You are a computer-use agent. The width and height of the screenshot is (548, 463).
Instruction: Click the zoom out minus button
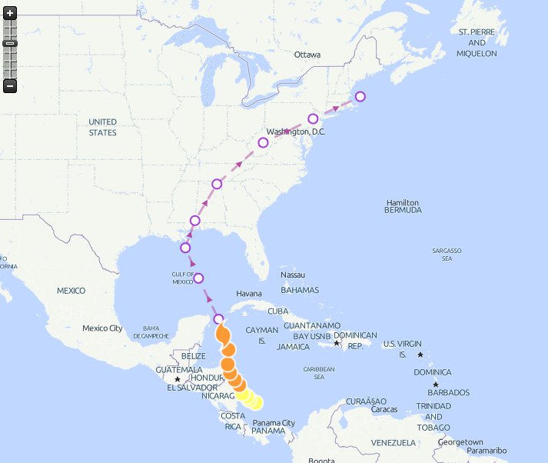click(10, 86)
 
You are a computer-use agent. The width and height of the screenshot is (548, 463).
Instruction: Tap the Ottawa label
click(307, 55)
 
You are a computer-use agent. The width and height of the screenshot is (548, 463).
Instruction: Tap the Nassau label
click(293, 275)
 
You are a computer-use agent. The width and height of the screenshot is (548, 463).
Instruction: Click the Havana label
click(249, 294)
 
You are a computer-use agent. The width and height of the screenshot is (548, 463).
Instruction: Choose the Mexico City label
click(103, 328)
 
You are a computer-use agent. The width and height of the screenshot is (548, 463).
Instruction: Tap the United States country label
click(102, 127)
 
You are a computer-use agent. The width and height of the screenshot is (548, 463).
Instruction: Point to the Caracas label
click(384, 409)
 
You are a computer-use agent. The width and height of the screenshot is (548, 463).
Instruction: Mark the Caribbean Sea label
click(319, 373)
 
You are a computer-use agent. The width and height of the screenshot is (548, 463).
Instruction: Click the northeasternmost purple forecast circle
click(360, 96)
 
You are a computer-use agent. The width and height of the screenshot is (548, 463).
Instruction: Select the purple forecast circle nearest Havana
click(219, 319)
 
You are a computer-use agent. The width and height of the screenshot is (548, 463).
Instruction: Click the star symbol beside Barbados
click(436, 385)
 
